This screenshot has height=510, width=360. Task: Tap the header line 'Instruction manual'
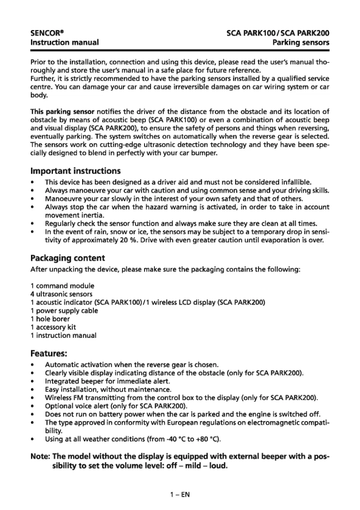click(x=64, y=43)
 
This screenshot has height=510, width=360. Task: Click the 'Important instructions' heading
click(x=75, y=171)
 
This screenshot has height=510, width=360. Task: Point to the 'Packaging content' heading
click(x=67, y=258)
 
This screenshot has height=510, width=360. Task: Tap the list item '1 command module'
click(x=62, y=286)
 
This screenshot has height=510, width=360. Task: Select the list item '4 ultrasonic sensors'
click(x=61, y=294)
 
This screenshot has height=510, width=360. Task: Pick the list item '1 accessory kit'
click(x=53, y=327)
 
